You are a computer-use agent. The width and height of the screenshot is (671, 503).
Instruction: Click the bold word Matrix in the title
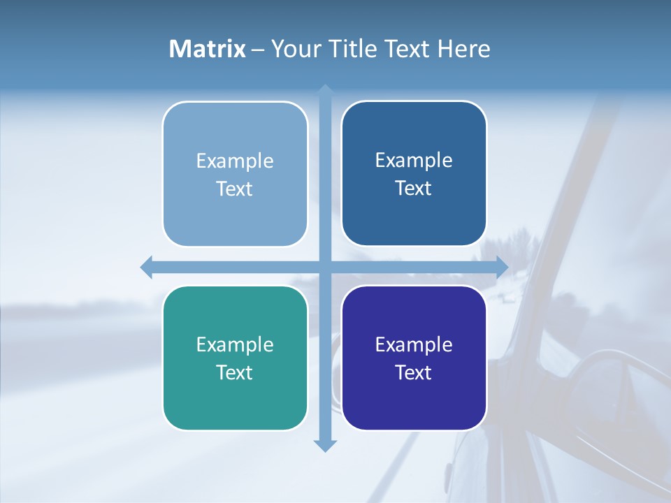tap(208, 49)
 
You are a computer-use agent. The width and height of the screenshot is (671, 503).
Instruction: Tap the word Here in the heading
tap(464, 49)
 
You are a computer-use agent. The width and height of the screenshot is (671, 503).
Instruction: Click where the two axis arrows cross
tap(325, 267)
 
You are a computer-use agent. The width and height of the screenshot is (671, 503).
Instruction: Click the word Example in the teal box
tap(235, 344)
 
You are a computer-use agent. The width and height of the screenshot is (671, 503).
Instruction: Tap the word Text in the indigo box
tap(414, 372)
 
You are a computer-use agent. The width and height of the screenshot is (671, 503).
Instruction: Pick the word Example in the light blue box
tap(235, 161)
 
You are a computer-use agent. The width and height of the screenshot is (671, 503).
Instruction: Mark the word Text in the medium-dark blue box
tap(414, 188)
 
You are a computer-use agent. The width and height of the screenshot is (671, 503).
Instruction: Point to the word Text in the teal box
tap(235, 372)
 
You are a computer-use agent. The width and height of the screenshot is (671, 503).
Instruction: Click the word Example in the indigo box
tap(414, 344)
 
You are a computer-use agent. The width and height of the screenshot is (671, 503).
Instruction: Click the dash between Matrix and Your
tap(258, 50)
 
